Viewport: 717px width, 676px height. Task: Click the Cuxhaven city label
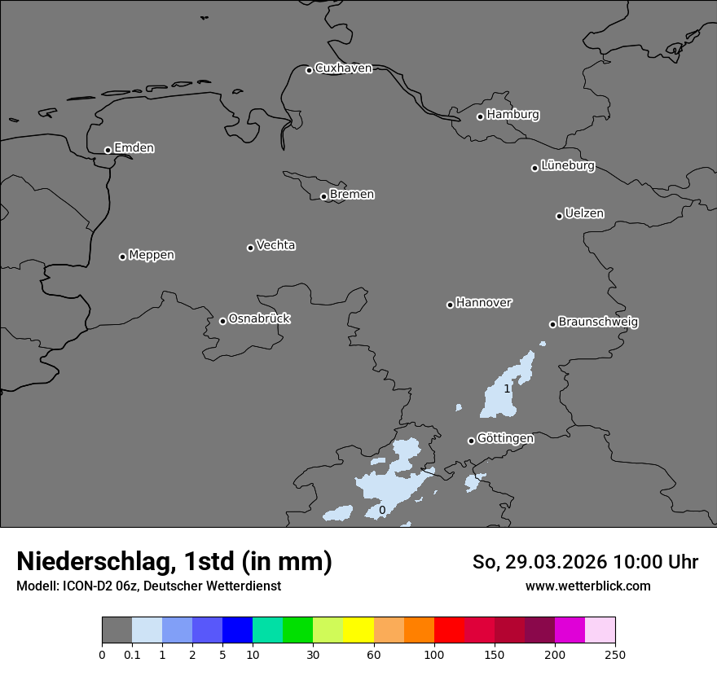pyautogui.click(x=343, y=68)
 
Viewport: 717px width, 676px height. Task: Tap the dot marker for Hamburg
pyautogui.click(x=480, y=116)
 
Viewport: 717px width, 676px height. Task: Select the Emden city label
pyautogui.click(x=134, y=148)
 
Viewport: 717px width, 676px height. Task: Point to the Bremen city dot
pyautogui.click(x=323, y=196)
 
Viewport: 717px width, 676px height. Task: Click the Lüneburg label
pyautogui.click(x=567, y=165)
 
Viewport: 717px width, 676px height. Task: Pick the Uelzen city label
pyautogui.click(x=584, y=213)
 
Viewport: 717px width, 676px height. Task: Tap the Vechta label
pyautogui.click(x=275, y=245)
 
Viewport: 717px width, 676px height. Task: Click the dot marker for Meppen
pyautogui.click(x=122, y=257)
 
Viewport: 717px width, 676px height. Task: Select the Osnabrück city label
pyautogui.click(x=259, y=318)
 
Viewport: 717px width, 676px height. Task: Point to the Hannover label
pyautogui.click(x=483, y=303)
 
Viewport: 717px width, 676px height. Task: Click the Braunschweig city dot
pyautogui.click(x=552, y=324)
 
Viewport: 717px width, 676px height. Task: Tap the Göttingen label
pyautogui.click(x=505, y=438)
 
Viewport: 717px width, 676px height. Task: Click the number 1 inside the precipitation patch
pyautogui.click(x=507, y=389)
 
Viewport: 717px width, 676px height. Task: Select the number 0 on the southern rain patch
pyautogui.click(x=382, y=511)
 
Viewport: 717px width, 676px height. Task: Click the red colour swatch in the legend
pyautogui.click(x=449, y=630)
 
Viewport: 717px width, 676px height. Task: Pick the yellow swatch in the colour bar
pyautogui.click(x=358, y=630)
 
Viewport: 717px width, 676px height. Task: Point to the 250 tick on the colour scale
pyautogui.click(x=615, y=654)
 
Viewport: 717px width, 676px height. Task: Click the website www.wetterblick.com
pyautogui.click(x=587, y=586)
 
